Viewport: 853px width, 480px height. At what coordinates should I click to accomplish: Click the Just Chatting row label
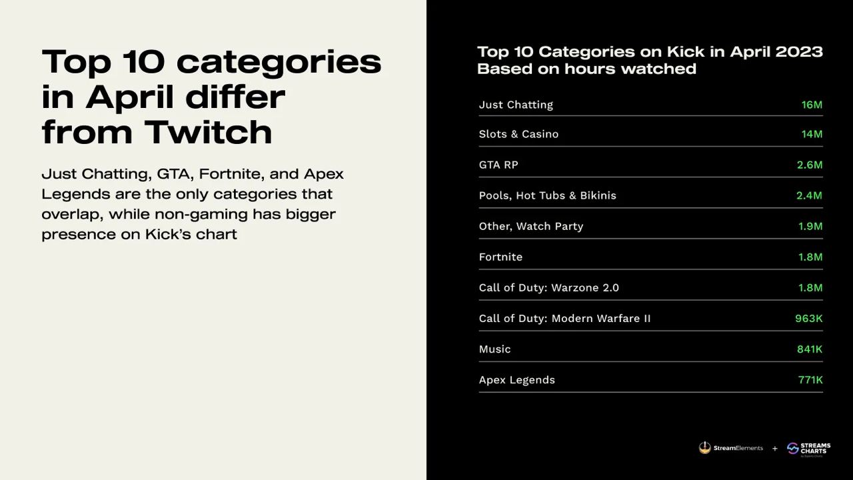pyautogui.click(x=516, y=105)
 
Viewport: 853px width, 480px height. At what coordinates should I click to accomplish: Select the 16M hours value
pyautogui.click(x=812, y=105)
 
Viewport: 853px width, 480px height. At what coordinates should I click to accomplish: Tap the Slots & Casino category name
pyautogui.click(x=518, y=134)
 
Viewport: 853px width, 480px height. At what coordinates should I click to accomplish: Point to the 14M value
pyautogui.click(x=812, y=134)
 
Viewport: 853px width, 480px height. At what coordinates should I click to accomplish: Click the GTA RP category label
pyautogui.click(x=498, y=165)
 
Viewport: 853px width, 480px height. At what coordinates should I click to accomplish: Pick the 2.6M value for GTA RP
pyautogui.click(x=810, y=165)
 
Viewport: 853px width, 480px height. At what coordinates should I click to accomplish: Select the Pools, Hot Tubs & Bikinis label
pyautogui.click(x=548, y=195)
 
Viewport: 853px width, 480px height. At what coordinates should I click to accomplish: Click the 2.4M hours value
pyautogui.click(x=809, y=195)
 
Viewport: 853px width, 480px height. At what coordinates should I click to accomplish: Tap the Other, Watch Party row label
pyautogui.click(x=531, y=226)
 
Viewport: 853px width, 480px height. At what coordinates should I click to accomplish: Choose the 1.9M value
pyautogui.click(x=810, y=226)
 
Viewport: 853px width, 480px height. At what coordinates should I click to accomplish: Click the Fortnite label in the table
pyautogui.click(x=500, y=257)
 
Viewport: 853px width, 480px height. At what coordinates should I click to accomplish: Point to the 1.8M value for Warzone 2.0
pyautogui.click(x=810, y=287)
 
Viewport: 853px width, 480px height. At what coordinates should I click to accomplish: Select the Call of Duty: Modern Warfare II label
pyautogui.click(x=564, y=319)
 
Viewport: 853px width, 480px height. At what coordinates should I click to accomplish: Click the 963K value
pyautogui.click(x=809, y=319)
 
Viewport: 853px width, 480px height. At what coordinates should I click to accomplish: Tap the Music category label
pyautogui.click(x=494, y=349)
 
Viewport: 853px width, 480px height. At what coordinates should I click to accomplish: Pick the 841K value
pyautogui.click(x=810, y=349)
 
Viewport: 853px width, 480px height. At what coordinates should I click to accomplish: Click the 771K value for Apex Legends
pyautogui.click(x=810, y=380)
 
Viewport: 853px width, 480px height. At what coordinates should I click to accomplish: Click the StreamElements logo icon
pyautogui.click(x=705, y=447)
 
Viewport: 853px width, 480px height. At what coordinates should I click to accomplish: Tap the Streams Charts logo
pyautogui.click(x=809, y=449)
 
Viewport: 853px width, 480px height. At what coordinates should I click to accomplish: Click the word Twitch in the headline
pyautogui.click(x=209, y=132)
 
